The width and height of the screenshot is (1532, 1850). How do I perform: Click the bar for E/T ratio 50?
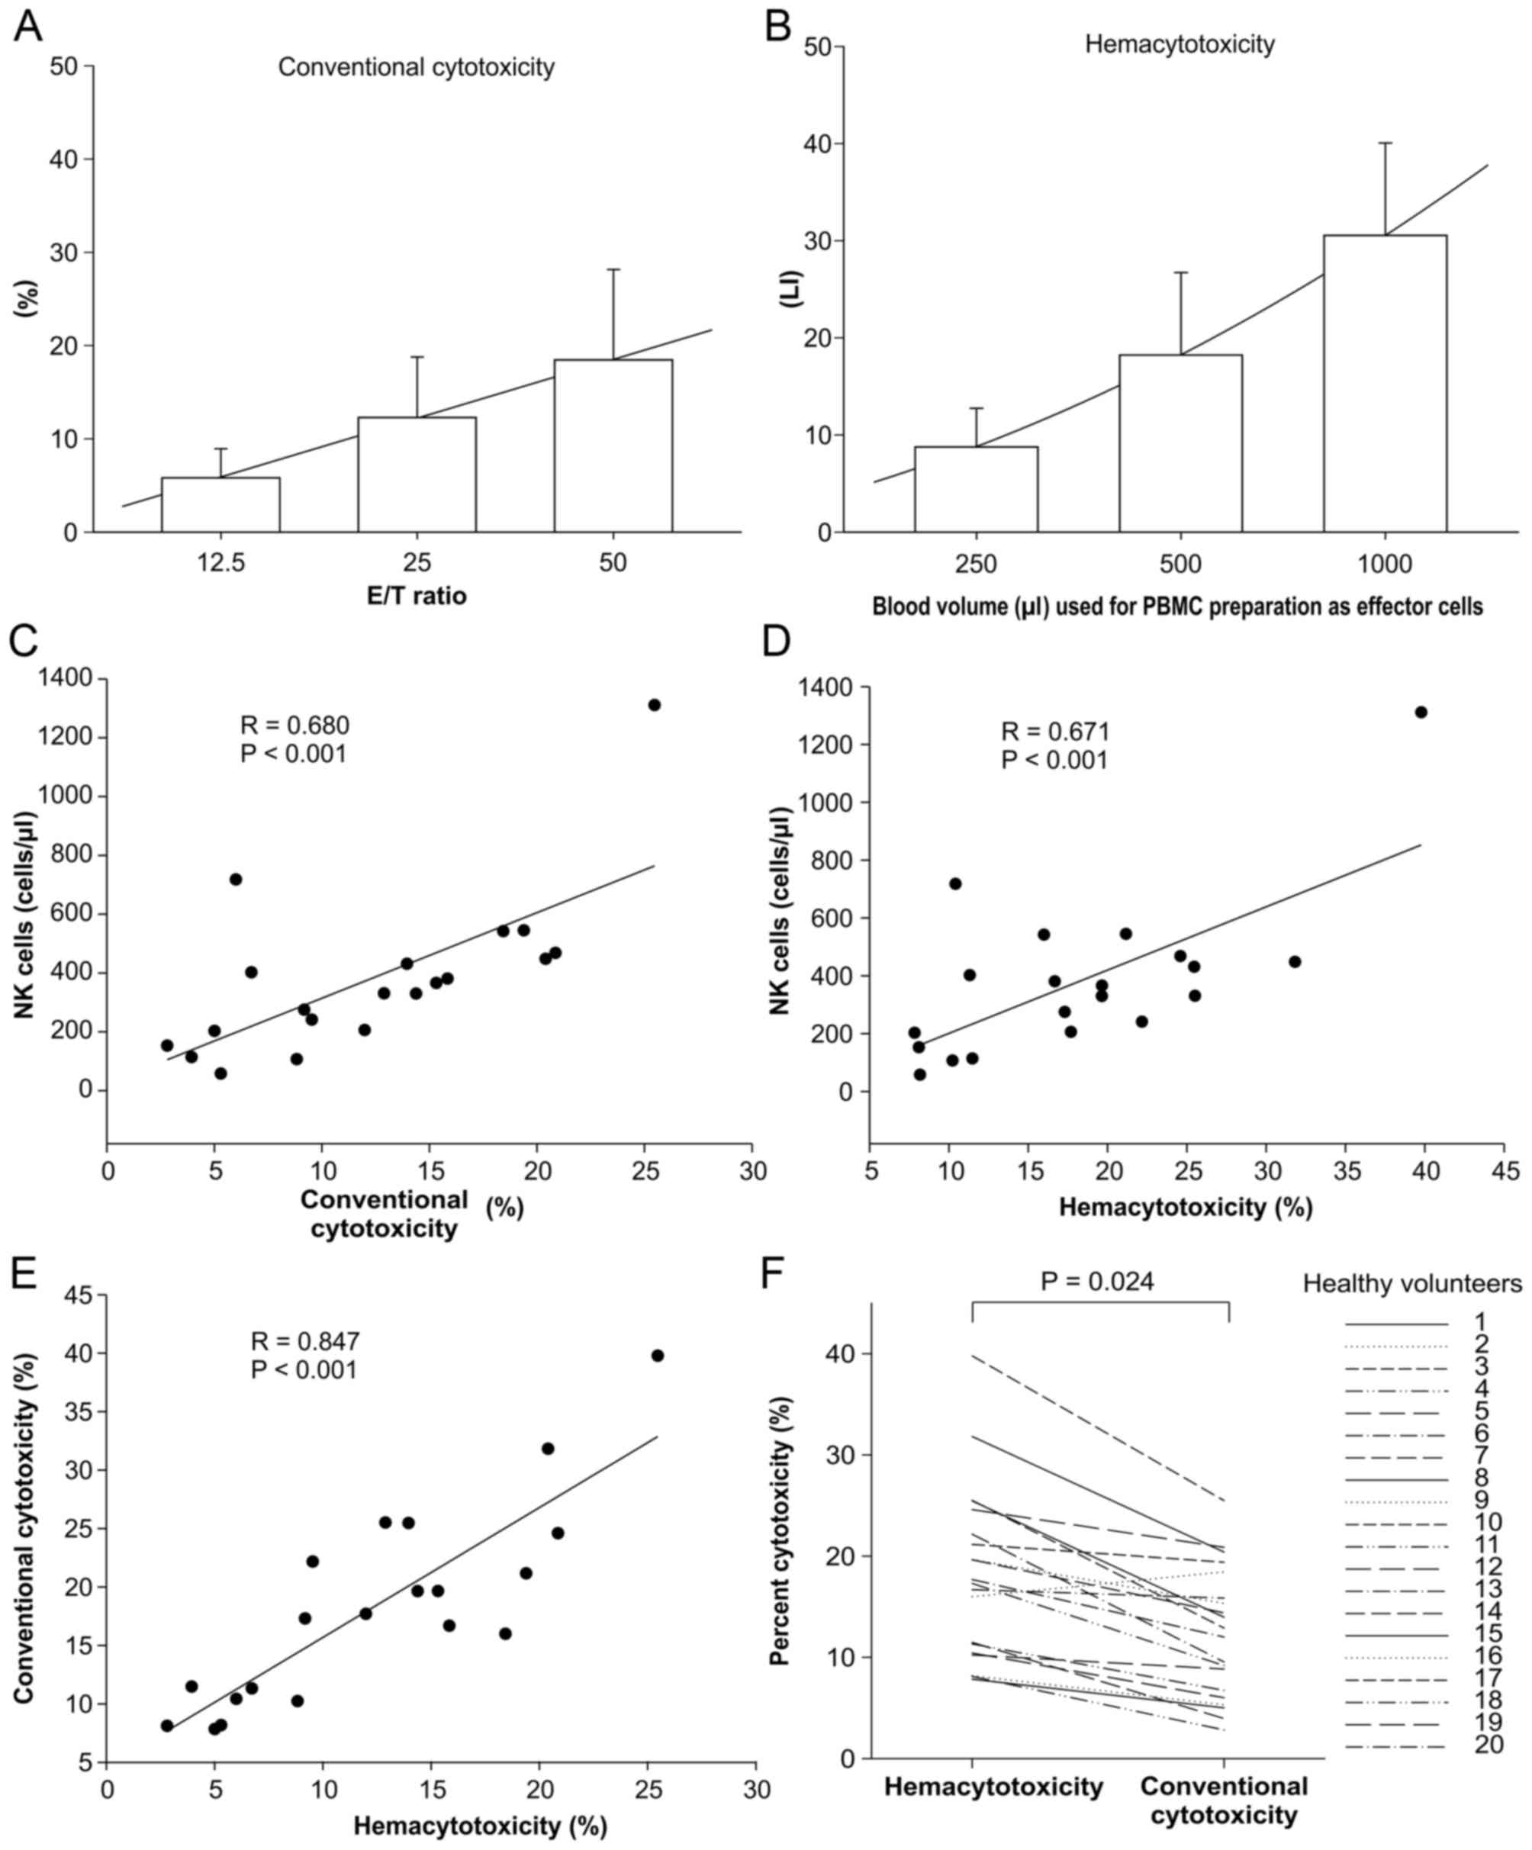[613, 446]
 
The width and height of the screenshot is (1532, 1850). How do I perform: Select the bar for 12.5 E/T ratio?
[220, 505]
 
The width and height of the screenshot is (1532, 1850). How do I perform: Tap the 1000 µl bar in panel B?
[1384, 383]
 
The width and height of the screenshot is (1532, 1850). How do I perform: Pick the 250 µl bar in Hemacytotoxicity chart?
[975, 489]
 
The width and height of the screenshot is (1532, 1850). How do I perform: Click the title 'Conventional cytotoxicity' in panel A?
[416, 68]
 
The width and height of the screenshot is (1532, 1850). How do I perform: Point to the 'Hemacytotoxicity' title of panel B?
[1179, 44]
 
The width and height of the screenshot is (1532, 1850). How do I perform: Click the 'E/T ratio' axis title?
[416, 597]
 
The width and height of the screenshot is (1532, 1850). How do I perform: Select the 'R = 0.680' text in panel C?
[294, 726]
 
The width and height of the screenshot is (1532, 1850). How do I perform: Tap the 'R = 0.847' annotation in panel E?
[305, 1342]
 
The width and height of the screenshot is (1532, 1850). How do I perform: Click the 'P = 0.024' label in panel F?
[1097, 1281]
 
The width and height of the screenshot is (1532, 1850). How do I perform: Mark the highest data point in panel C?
[654, 705]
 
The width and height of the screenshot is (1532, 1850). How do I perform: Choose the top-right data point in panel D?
[1420, 712]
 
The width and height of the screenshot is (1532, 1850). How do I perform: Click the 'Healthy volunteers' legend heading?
[1412, 1285]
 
